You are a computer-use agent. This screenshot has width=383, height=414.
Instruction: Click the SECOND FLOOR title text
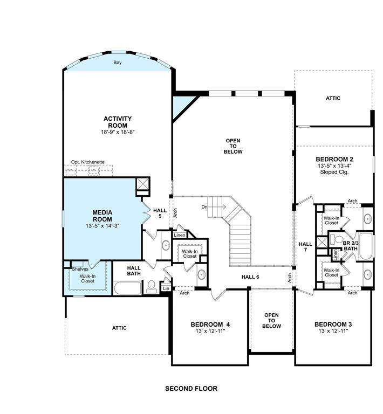191,388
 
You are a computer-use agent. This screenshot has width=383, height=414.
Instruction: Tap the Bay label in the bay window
118,63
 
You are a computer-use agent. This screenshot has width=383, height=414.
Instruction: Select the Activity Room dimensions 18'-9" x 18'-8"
118,132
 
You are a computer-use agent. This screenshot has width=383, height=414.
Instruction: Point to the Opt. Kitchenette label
88,162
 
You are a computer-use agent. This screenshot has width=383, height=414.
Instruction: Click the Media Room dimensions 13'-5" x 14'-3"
102,226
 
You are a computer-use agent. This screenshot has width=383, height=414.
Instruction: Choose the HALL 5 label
160,213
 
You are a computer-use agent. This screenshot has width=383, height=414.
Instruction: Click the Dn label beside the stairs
204,207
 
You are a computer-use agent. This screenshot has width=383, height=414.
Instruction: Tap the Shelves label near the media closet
80,269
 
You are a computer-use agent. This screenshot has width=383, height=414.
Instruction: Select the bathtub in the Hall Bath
128,288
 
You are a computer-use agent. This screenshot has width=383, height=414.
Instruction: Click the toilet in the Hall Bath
152,287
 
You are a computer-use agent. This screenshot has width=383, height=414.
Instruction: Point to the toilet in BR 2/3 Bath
335,239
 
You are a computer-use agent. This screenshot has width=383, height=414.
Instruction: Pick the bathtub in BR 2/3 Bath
366,246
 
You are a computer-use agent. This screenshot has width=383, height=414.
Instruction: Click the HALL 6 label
250,277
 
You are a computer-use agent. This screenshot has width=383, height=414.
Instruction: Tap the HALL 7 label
305,246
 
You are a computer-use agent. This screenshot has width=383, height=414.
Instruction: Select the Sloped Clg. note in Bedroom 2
334,172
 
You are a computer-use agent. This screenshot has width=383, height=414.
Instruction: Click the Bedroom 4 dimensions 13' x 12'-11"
210,331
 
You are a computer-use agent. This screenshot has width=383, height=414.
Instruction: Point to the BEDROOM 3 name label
333,324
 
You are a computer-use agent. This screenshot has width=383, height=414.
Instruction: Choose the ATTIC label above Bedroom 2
333,98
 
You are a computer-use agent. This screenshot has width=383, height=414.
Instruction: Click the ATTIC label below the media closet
119,328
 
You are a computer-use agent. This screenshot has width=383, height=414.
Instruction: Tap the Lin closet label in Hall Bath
166,288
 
